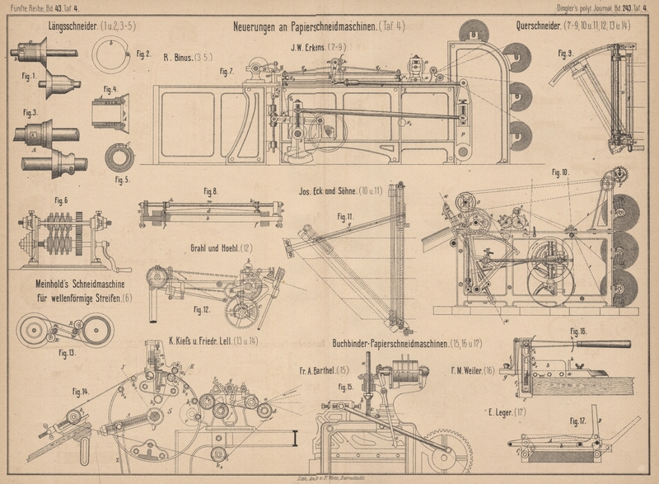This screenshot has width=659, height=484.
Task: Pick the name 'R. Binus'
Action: tap(178, 57)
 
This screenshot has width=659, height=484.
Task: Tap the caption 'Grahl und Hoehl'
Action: tap(217, 247)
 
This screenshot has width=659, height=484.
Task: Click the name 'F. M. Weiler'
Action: tap(472, 370)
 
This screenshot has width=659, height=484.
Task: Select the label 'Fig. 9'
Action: tap(564, 54)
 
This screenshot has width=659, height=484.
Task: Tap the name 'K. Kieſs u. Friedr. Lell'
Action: tap(213, 339)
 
